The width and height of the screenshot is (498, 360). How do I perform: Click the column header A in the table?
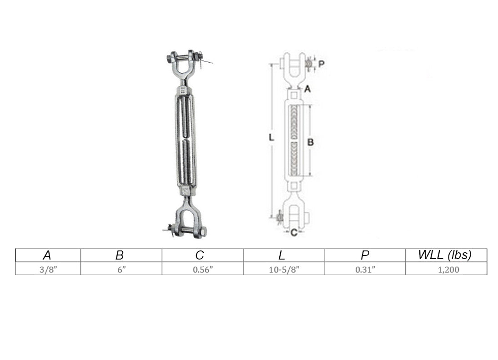(47, 255)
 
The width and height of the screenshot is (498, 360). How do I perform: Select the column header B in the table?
(120, 255)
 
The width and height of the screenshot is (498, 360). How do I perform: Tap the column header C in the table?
(200, 255)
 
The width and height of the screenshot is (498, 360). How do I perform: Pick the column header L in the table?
(282, 255)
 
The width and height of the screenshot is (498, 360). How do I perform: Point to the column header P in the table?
(365, 255)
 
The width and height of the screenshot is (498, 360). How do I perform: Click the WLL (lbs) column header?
(445, 255)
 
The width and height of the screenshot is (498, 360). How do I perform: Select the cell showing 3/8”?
(48, 270)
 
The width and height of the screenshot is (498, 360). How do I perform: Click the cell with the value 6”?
(121, 270)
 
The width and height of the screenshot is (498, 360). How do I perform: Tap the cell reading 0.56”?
(203, 270)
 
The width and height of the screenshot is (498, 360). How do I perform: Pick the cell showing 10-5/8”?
(284, 270)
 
